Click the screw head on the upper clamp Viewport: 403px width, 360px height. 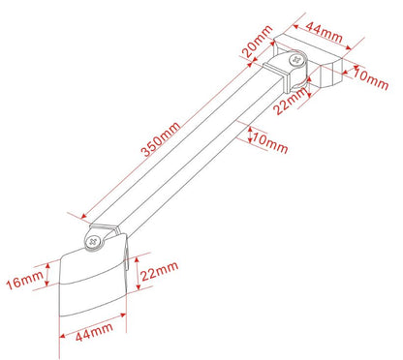[294, 61]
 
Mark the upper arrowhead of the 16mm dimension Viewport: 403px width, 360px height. [46, 261]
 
